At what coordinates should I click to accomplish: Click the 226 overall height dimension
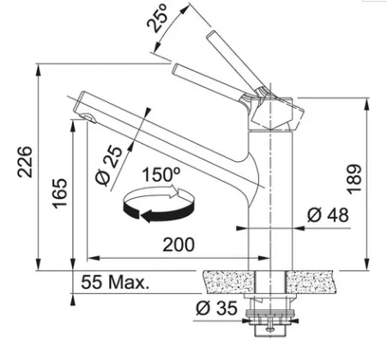[25, 162]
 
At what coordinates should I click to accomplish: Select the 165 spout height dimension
[60, 193]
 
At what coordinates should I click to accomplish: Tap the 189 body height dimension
[354, 179]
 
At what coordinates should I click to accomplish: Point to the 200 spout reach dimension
[178, 244]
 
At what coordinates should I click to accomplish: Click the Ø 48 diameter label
[328, 215]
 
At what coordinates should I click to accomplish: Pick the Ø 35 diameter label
[216, 308]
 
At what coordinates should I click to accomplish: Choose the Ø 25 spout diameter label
[108, 166]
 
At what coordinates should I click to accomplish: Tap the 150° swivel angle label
[161, 175]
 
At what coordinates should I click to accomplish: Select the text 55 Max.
[115, 282]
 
